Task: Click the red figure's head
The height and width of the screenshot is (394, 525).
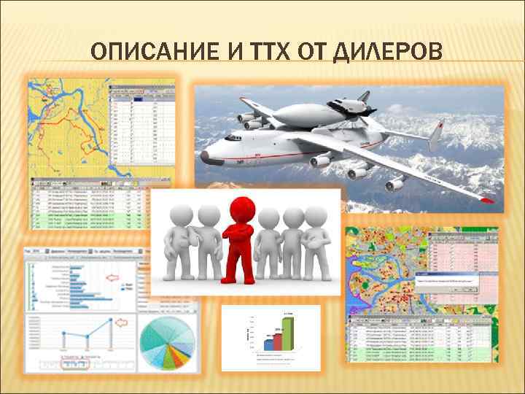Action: (x=241, y=207)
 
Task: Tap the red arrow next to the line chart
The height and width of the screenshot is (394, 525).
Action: (x=122, y=321)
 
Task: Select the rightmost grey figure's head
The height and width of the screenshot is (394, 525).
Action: (x=315, y=216)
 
